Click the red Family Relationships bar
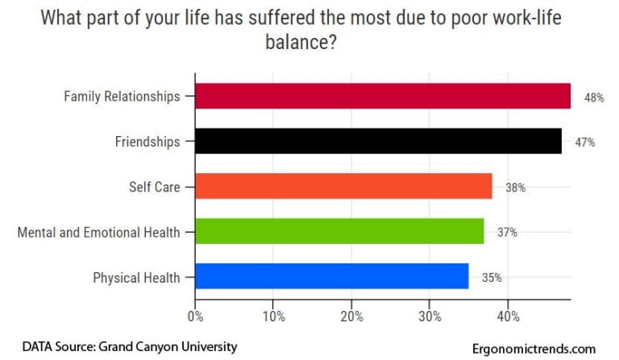coord(382,96)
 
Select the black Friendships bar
coord(378,142)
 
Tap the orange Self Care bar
coord(343,187)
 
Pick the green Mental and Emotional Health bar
coord(339,232)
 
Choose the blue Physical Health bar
coord(331,277)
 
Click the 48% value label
coord(594,97)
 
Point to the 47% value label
coord(585,143)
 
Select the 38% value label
coord(516,188)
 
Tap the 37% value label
coord(507,233)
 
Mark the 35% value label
coord(492,278)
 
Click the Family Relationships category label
coord(122,97)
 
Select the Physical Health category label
coord(136,278)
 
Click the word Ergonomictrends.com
coord(534,349)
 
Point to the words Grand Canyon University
coord(168,346)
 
